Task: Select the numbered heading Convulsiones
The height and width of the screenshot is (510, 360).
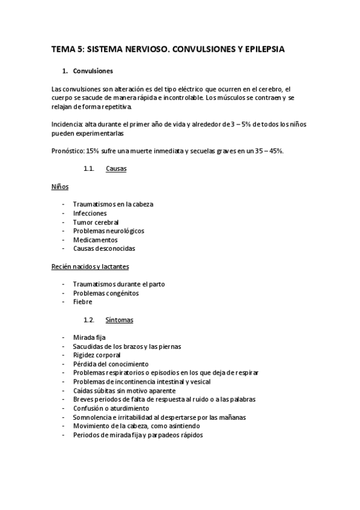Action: [93, 71]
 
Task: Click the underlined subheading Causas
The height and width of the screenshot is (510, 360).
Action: [116, 169]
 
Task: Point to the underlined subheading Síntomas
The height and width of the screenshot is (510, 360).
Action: [119, 319]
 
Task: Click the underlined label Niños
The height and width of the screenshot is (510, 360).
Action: [60, 186]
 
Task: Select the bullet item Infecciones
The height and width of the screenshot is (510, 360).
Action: [90, 213]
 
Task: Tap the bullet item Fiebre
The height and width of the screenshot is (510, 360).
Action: [82, 302]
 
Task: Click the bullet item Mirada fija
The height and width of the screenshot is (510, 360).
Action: [89, 337]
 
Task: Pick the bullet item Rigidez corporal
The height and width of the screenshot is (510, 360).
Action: [97, 355]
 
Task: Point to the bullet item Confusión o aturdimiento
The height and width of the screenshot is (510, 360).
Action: [111, 408]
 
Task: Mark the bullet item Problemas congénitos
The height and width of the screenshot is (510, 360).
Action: [106, 293]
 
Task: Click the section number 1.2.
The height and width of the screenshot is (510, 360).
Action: [90, 319]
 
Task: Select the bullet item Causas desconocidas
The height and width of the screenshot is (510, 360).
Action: [104, 248]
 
